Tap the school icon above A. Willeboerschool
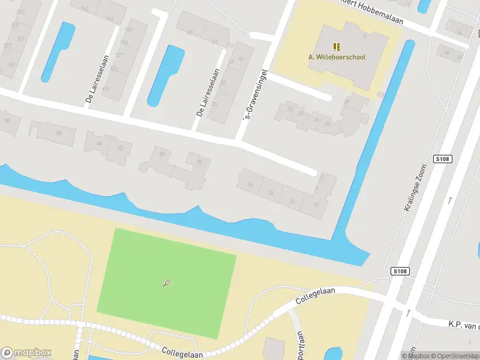pyautogui.click(x=337, y=46)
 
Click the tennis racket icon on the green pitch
pyautogui.click(x=166, y=283)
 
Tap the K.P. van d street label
pyautogui.click(x=464, y=325)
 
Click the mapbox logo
pyautogui.click(x=26, y=353)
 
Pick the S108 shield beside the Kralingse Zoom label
pyautogui.click(x=442, y=159)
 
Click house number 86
pyautogui.click(x=59, y=133)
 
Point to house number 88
pyautogui.click(x=7, y=121)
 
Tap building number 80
pyautogui.click(x=162, y=155)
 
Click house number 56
pyautogui.click(x=250, y=184)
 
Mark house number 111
pyautogui.click(x=106, y=89)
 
